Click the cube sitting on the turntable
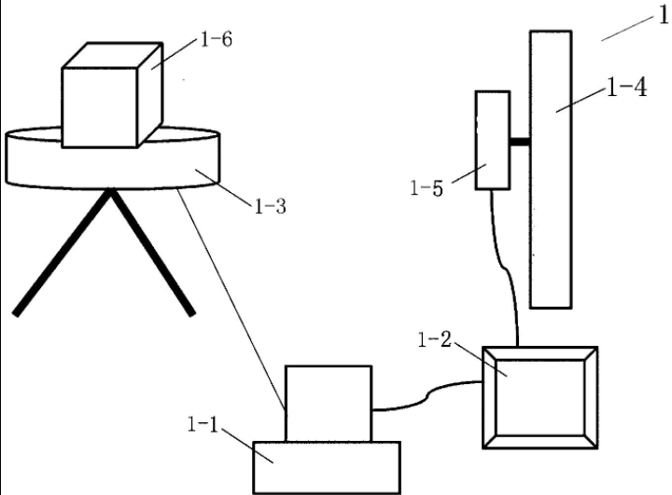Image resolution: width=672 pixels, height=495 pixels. point(103,98)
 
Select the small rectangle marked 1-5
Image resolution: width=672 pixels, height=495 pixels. point(492,140)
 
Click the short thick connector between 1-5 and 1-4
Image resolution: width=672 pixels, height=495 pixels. point(519,142)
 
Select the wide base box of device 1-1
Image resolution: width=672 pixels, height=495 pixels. point(327,466)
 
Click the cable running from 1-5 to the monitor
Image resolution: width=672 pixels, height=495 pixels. point(505,270)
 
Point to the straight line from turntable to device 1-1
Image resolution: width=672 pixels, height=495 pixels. point(233,298)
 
